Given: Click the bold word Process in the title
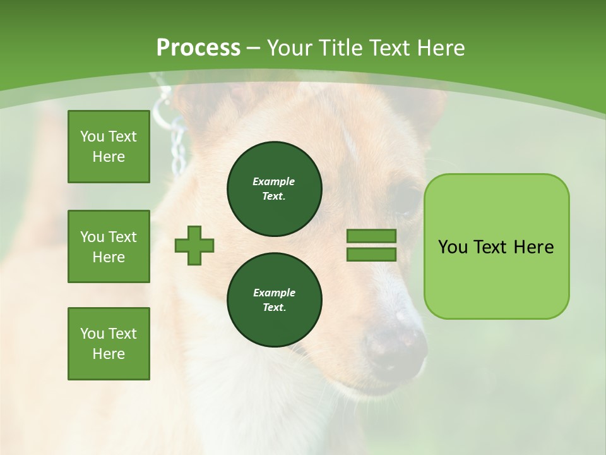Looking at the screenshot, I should (198, 48).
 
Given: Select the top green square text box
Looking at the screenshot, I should (109, 147).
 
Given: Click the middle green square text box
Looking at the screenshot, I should (109, 246).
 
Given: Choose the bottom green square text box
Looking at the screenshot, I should (109, 344).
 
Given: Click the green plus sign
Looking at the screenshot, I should (194, 245).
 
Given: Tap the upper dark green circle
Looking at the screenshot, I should (274, 189).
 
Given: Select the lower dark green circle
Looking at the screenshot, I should (274, 300).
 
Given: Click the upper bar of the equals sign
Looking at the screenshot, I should (371, 236).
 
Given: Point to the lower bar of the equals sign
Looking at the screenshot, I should (371, 254).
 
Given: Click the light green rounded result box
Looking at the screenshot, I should (496, 246).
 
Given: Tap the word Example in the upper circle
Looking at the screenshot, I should (274, 181).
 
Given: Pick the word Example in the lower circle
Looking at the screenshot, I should (274, 293).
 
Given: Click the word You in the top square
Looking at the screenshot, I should (92, 136).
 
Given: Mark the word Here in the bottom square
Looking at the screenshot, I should (109, 354).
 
